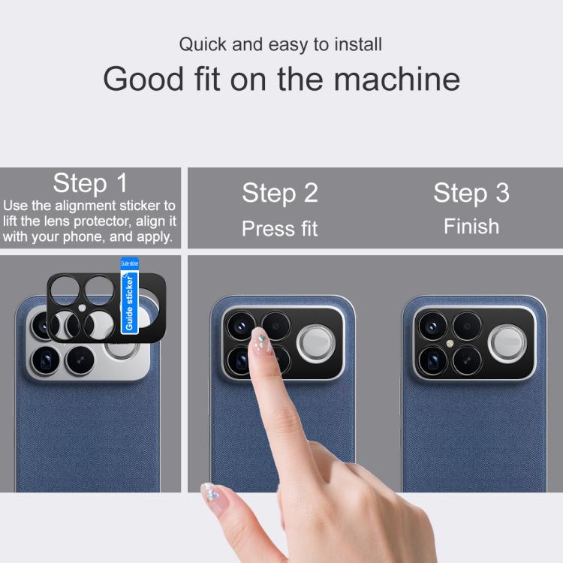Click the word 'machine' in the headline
397,79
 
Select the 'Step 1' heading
90,183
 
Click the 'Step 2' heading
280,193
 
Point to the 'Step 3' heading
471,193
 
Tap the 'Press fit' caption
280,228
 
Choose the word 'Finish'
471,226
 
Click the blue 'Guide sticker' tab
129,296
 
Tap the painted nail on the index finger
261,340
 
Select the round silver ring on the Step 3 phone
507,344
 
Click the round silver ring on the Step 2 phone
315,343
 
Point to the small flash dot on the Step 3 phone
450,344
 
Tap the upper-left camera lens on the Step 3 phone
432,326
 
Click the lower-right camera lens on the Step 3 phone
467,360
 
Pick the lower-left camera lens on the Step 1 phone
46,360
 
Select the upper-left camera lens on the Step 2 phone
241,326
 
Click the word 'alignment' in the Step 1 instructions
85,206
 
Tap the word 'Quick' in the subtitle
203,44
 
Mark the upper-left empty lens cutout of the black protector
65,291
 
